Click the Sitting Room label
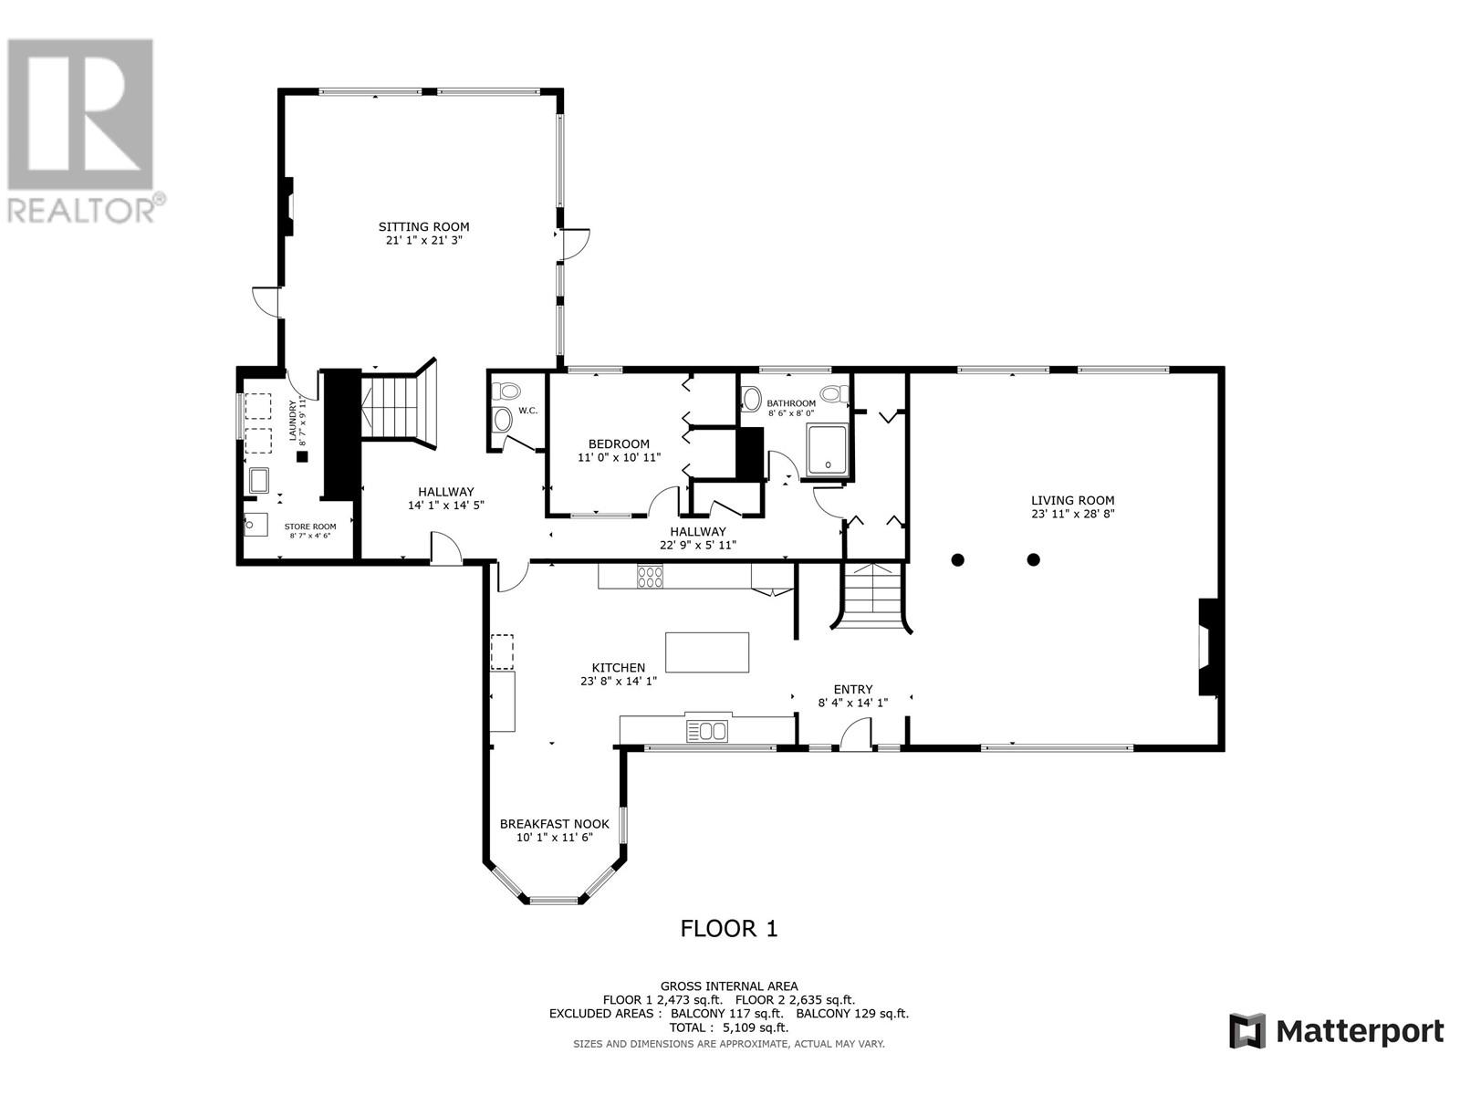423,226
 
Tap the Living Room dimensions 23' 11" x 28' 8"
1073,514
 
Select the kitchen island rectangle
707,652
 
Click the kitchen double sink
706,730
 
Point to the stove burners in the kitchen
650,577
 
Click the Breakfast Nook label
554,824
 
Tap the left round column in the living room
957,559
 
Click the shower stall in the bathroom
829,452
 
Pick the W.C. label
527,411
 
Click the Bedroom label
619,444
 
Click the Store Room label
310,527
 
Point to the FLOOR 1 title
729,928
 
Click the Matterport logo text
1360,1031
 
